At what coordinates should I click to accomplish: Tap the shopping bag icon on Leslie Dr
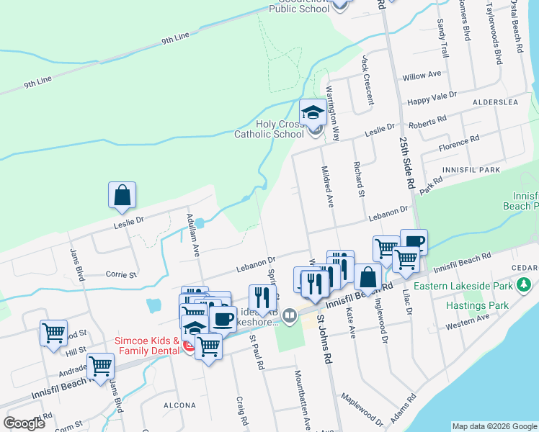click(x=122, y=195)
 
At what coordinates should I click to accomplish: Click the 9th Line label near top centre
click(x=175, y=37)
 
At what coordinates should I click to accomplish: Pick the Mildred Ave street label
click(x=328, y=186)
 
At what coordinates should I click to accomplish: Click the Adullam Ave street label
click(x=192, y=235)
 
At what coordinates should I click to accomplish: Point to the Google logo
click(x=24, y=423)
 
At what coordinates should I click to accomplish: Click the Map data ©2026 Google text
click(x=494, y=426)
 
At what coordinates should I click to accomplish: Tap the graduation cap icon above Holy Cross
click(x=313, y=112)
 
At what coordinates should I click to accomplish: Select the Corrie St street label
click(x=121, y=274)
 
